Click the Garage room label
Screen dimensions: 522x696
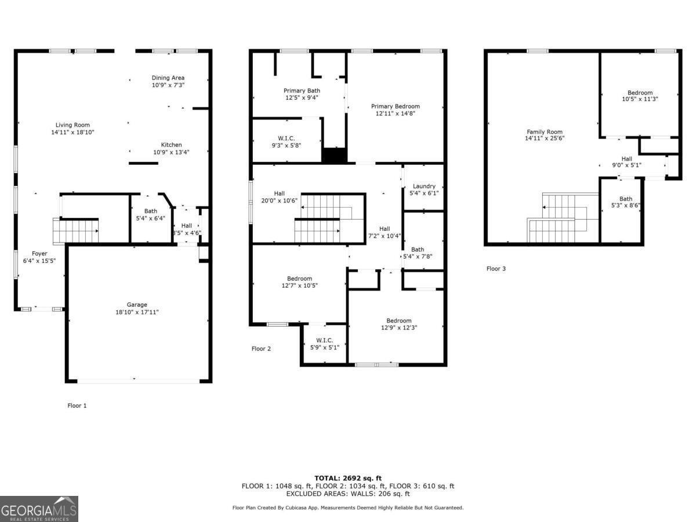pyautogui.click(x=137, y=304)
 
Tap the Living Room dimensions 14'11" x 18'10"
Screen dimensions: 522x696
pyautogui.click(x=72, y=132)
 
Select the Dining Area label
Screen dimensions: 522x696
pyautogui.click(x=168, y=78)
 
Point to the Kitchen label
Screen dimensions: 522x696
pyautogui.click(x=171, y=145)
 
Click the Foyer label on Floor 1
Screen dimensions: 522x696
pyautogui.click(x=39, y=253)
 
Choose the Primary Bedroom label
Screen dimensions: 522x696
pyautogui.click(x=396, y=106)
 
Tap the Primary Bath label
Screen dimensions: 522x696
pyautogui.click(x=302, y=90)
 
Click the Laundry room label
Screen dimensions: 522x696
pyautogui.click(x=424, y=186)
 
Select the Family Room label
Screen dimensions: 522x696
pyautogui.click(x=545, y=132)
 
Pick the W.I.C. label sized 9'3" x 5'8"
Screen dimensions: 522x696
pyautogui.click(x=287, y=138)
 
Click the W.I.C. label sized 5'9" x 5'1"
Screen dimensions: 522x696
pyautogui.click(x=324, y=340)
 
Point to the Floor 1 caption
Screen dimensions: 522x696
pyautogui.click(x=77, y=405)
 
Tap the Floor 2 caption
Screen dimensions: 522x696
pyautogui.click(x=261, y=349)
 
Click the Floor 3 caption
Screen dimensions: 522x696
pyautogui.click(x=496, y=269)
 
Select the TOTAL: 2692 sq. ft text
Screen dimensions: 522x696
pyautogui.click(x=347, y=478)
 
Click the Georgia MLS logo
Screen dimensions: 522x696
pyautogui.click(x=39, y=509)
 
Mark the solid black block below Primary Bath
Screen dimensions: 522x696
pyautogui.click(x=333, y=155)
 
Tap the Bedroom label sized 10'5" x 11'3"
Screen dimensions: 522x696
pyautogui.click(x=640, y=93)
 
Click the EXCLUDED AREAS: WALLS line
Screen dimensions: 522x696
pyautogui.click(x=347, y=494)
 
